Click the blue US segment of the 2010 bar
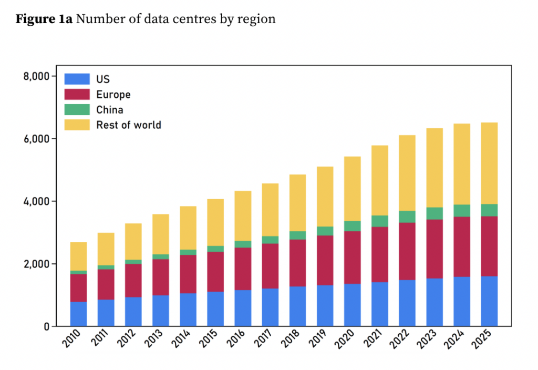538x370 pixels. click(78, 314)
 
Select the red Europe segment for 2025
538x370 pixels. click(489, 246)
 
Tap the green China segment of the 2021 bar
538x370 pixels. click(379, 221)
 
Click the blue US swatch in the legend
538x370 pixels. click(77, 79)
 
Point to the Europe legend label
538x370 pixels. click(113, 95)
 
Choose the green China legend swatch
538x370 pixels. click(77, 110)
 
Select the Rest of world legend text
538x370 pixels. click(128, 125)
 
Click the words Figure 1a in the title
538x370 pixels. click(44, 19)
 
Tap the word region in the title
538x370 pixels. click(258, 19)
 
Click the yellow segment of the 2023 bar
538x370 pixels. click(434, 168)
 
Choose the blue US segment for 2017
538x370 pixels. click(270, 307)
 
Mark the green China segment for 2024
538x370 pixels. click(462, 210)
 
